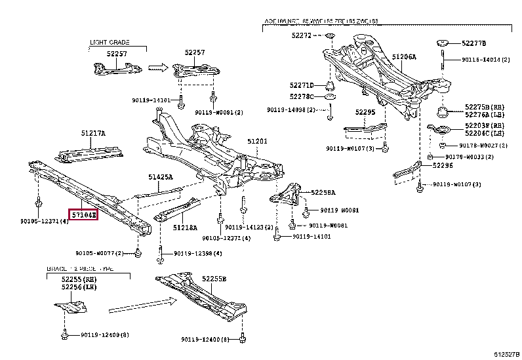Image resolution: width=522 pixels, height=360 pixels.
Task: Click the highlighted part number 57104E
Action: coord(84,214)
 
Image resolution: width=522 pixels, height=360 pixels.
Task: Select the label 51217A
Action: coord(93,133)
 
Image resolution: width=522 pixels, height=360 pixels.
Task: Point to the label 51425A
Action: coord(160,177)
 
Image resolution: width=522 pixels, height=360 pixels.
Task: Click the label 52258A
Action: coord(323,193)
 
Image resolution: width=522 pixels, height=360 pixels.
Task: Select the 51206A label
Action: coord(404,57)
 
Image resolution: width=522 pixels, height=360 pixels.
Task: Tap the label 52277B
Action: coord(473,43)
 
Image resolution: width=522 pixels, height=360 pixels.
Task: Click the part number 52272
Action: coord(302,34)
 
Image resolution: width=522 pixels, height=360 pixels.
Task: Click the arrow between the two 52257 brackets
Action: coord(157,66)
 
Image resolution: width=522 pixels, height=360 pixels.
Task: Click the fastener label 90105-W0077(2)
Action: coord(98,253)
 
